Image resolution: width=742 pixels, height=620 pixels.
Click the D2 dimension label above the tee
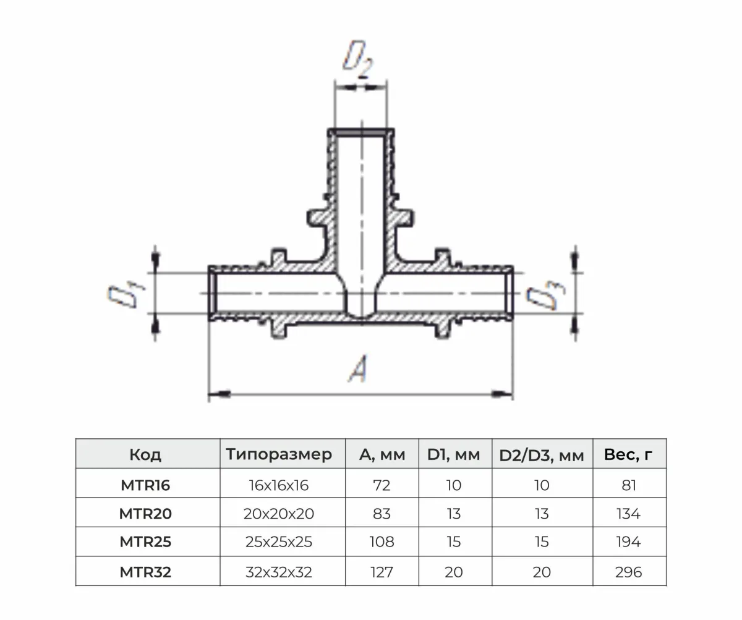[358, 59]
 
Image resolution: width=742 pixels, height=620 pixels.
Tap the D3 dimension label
[546, 295]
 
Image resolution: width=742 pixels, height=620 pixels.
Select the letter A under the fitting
[358, 368]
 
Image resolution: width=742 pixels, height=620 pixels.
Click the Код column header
[145, 455]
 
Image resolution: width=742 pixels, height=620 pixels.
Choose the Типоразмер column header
[279, 455]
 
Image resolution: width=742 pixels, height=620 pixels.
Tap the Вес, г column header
[628, 455]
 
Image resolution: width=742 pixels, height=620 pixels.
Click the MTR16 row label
[145, 485]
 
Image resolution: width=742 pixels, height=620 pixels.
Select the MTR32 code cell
[145, 572]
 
